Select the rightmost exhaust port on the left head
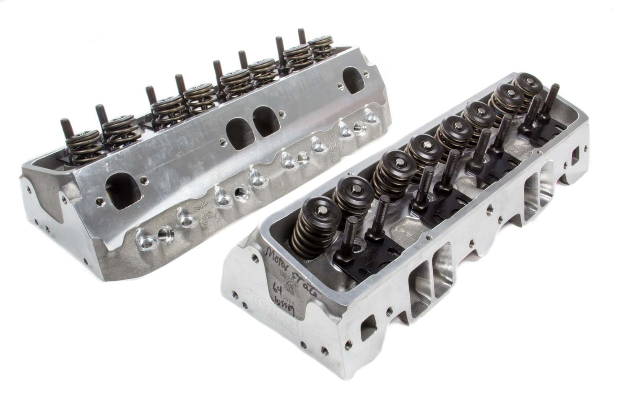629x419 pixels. pyautogui.click(x=354, y=75)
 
